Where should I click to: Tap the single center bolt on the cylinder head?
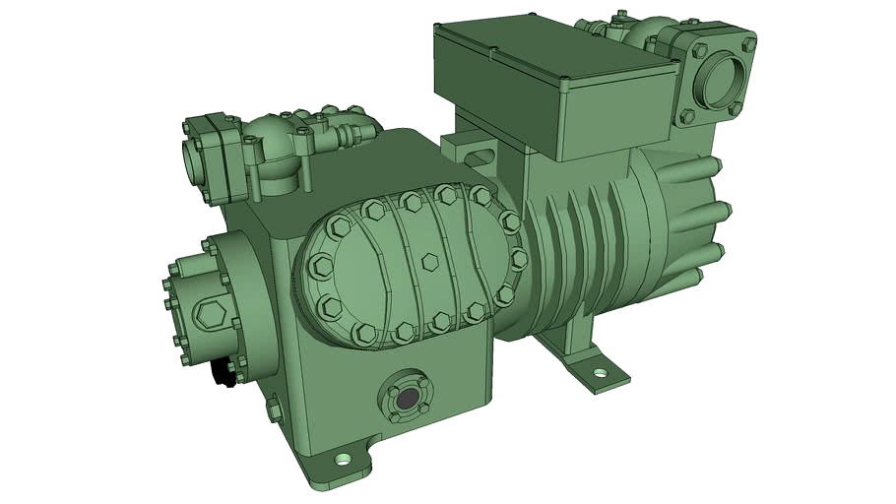[x=429, y=262]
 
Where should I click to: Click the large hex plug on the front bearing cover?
[x=212, y=316]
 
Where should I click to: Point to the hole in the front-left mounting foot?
[x=342, y=459]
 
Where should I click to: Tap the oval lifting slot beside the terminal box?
[x=480, y=156]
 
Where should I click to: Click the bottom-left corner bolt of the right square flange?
[x=685, y=117]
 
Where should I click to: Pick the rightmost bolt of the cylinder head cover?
[x=519, y=259]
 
